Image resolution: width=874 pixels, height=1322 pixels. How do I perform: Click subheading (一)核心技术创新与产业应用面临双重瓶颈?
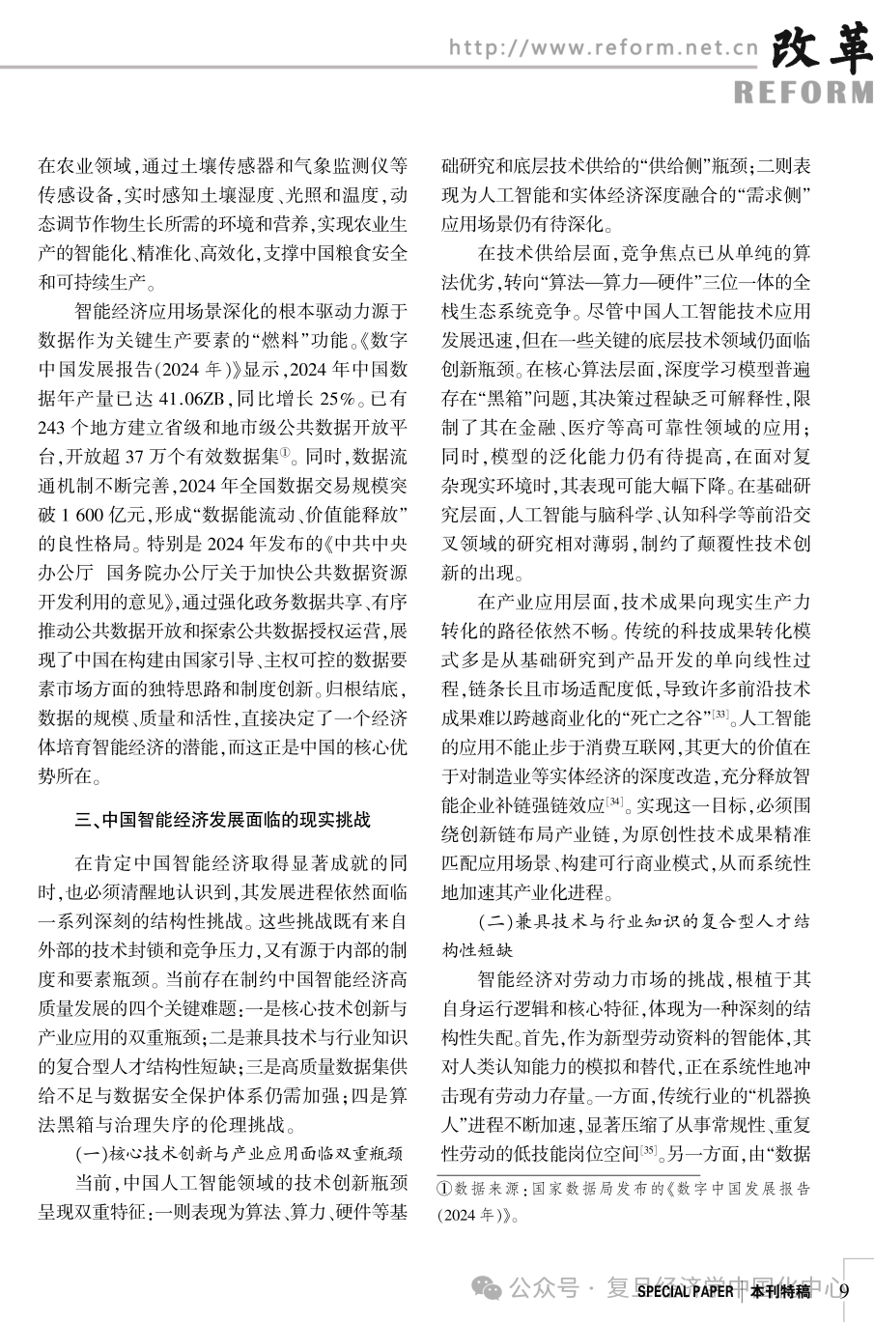point(239,1153)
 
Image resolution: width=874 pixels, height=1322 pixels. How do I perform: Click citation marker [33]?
point(719,714)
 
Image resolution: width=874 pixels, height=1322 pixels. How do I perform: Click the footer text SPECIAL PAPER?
point(685,1292)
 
